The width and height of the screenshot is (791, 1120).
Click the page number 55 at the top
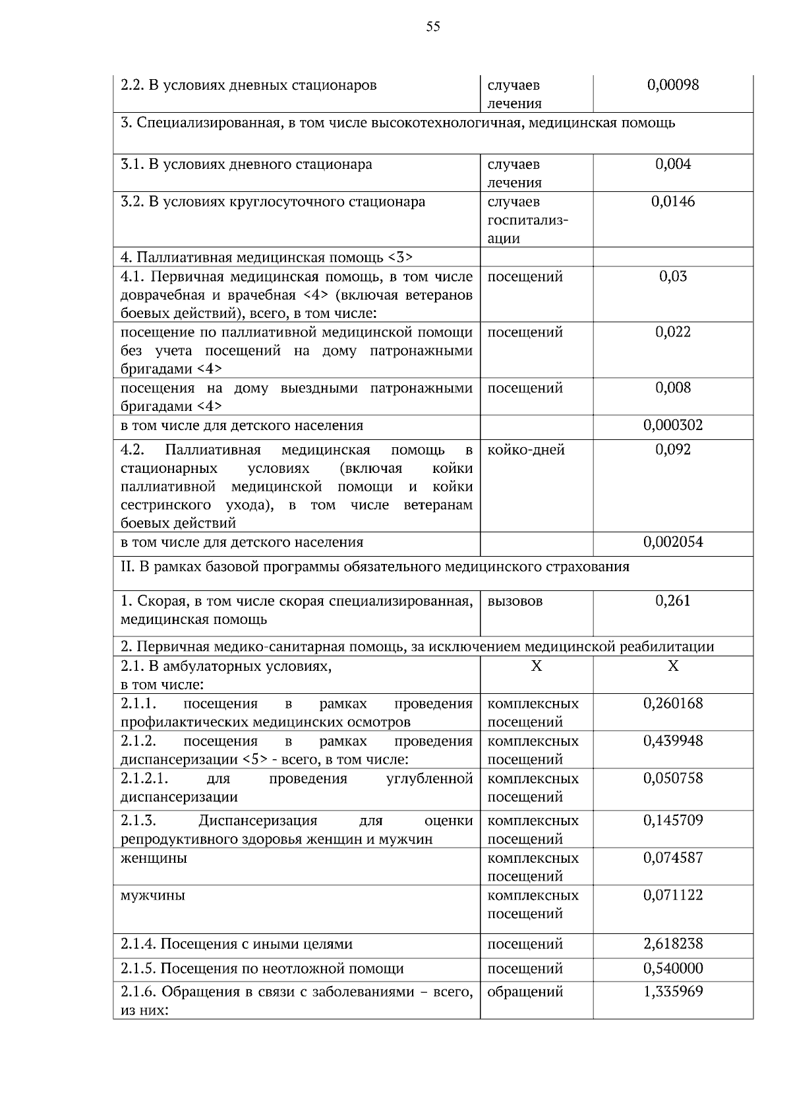433,27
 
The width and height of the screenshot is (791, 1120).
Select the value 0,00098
672,85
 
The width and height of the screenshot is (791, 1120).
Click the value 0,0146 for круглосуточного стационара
672,202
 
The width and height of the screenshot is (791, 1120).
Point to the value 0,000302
672,425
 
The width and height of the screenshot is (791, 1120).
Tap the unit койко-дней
525,450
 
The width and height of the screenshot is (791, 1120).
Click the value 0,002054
672,542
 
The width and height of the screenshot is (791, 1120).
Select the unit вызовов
515,601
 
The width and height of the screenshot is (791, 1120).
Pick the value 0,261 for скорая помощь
672,601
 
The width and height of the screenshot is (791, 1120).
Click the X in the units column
536,666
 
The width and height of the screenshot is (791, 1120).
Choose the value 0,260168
672,704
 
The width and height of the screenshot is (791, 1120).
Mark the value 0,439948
672,741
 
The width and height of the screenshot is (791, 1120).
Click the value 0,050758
672,778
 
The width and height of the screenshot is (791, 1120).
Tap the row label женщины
154,858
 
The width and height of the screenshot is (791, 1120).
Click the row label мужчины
153,896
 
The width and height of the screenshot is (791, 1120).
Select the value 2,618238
672,944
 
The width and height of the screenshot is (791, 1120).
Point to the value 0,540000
672,968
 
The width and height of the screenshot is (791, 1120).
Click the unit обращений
525,991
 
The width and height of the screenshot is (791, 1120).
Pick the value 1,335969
672,991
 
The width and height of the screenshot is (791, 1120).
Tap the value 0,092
672,450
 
